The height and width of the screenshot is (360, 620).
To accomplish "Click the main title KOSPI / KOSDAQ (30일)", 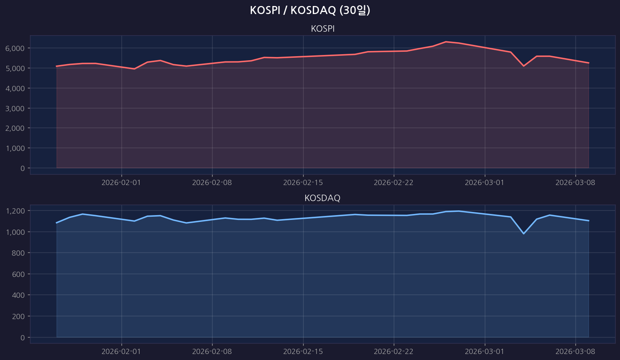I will [x=310, y=10].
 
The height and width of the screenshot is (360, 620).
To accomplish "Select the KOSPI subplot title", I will [x=322, y=29].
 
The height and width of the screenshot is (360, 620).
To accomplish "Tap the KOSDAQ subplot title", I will [x=322, y=198].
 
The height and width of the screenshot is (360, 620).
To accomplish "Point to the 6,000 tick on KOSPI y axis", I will [x=15, y=48].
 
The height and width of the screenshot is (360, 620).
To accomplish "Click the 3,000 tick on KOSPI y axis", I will [x=15, y=108].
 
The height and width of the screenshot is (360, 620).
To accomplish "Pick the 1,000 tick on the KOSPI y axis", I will [x=15, y=148].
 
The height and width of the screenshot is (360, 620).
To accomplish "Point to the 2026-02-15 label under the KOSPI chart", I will [x=303, y=183].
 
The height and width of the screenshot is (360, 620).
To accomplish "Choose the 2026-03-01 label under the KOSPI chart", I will [x=484, y=183].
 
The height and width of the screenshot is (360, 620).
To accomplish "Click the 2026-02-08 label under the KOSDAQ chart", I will [x=212, y=352].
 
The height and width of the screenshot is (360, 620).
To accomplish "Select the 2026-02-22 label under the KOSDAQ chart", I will [x=393, y=352].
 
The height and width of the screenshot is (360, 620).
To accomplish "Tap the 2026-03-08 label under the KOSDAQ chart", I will [x=575, y=352].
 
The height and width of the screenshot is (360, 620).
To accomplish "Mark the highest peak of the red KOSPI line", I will [x=446, y=42].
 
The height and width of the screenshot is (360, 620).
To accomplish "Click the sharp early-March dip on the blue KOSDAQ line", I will [x=523, y=234].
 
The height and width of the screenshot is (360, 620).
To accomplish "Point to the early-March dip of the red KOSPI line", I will [x=523, y=66].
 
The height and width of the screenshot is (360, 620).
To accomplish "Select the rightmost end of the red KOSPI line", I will [x=588, y=63].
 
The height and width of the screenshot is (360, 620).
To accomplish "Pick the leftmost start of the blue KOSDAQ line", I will [x=57, y=223].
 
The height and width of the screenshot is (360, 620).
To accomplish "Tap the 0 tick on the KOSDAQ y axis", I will [x=22, y=338].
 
